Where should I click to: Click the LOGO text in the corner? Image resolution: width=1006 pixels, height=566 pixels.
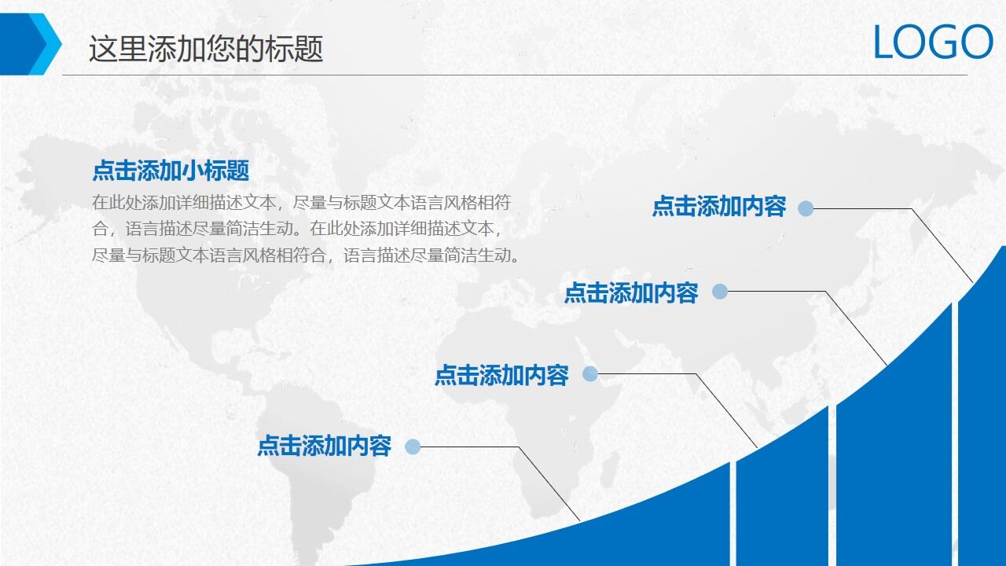[x=933, y=42]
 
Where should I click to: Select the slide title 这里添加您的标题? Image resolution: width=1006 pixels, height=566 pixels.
[x=206, y=49]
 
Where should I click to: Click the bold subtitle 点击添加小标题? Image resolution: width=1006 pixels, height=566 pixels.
[x=171, y=171]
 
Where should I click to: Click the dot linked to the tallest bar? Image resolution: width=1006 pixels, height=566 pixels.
[x=806, y=208]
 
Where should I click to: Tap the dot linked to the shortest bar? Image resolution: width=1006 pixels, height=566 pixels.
[x=413, y=447]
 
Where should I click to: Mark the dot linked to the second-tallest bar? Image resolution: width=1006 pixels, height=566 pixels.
[x=720, y=292]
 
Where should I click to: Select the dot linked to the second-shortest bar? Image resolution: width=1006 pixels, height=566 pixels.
[x=590, y=374]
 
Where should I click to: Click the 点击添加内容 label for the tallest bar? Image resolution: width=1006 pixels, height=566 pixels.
[x=718, y=207]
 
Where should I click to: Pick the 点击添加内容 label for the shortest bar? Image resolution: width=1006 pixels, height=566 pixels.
[x=324, y=447]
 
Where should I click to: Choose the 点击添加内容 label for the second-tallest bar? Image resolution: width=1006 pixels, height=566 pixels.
[x=630, y=293]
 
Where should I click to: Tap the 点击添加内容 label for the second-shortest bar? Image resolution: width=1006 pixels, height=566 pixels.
[x=501, y=376]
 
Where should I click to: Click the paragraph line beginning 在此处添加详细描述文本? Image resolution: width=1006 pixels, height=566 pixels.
[x=301, y=203]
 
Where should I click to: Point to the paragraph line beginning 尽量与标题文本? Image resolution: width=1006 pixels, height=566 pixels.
[x=305, y=255]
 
